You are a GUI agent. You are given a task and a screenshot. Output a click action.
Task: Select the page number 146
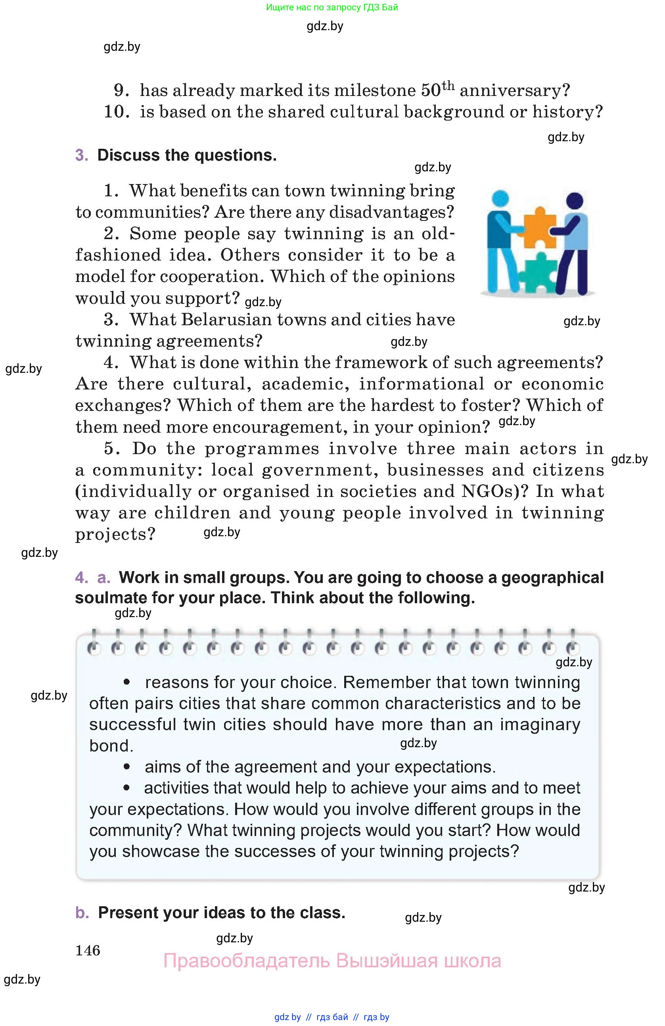[88, 950]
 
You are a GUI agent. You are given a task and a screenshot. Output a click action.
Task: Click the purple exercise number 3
[81, 155]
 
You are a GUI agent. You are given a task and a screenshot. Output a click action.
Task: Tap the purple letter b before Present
[82, 913]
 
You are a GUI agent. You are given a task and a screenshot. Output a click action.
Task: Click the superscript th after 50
[448, 85]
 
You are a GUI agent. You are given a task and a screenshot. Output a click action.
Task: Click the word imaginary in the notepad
[540, 724]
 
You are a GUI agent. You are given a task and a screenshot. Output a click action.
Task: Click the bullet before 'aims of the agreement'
[127, 767]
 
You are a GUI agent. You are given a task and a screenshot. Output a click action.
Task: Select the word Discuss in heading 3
[128, 155]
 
